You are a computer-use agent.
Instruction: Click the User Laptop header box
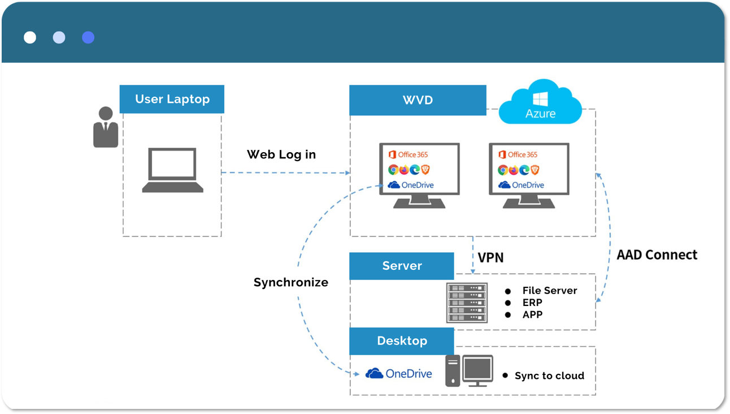pyautogui.click(x=172, y=100)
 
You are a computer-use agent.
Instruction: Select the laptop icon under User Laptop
pyautogui.click(x=172, y=170)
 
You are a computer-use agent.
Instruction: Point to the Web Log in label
pyautogui.click(x=281, y=154)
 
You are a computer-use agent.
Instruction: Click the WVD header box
pyautogui.click(x=418, y=100)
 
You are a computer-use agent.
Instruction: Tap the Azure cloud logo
pyautogui.click(x=540, y=103)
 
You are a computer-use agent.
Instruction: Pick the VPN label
pyautogui.click(x=490, y=258)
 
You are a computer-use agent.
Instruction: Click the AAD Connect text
pyautogui.click(x=657, y=255)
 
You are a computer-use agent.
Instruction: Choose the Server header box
pyautogui.click(x=402, y=266)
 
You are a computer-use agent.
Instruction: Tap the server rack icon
pyautogui.click(x=467, y=303)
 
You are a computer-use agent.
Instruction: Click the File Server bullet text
pyautogui.click(x=549, y=291)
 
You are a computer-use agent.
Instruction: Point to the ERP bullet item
pyautogui.click(x=532, y=303)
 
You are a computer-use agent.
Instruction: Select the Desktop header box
pyautogui.click(x=402, y=341)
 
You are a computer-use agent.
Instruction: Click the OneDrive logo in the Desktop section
pyautogui.click(x=399, y=373)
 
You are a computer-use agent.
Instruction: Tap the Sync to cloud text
pyautogui.click(x=549, y=376)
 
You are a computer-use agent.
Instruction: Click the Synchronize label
pyautogui.click(x=290, y=282)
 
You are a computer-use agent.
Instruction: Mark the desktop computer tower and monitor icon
pyautogui.click(x=469, y=370)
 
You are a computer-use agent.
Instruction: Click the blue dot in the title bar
pyautogui.click(x=88, y=37)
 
